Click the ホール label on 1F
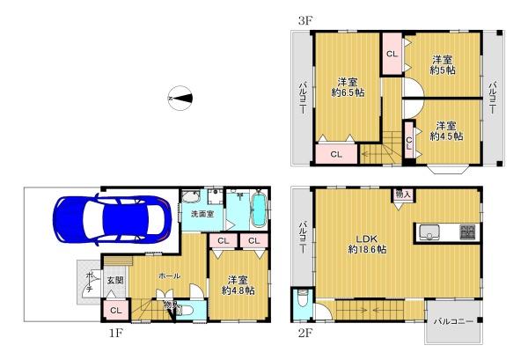pyautogui.click(x=170, y=276)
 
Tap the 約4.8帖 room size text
pyautogui.click(x=237, y=290)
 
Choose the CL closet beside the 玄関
pyautogui.click(x=116, y=309)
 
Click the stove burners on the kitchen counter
pyautogui.click(x=466, y=232)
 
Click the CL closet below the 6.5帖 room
pyautogui.click(x=336, y=154)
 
